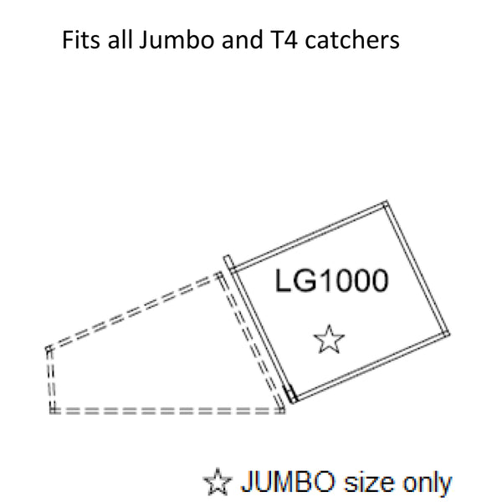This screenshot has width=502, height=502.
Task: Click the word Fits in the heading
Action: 80,39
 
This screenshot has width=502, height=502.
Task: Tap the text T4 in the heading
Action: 280,39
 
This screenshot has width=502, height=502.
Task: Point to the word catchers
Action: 352,39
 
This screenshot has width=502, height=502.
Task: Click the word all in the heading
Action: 120,39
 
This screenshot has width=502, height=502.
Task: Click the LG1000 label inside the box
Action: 332,280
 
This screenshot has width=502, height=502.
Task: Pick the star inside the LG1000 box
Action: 329,340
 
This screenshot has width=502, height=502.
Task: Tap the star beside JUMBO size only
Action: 218,482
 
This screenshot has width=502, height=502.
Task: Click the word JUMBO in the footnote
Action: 288,481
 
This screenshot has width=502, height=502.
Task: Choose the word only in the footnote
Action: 427,483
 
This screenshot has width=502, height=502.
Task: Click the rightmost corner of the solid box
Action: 449,334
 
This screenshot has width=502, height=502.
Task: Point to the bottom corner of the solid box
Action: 294,402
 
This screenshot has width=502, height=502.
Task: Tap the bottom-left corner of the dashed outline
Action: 52,411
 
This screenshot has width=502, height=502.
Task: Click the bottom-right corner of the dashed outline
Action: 283,411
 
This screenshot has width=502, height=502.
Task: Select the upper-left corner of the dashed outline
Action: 48,348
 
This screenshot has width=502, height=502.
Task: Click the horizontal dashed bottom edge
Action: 167,411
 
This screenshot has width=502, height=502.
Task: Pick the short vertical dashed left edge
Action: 50,379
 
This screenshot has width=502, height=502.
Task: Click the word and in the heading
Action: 238,39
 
